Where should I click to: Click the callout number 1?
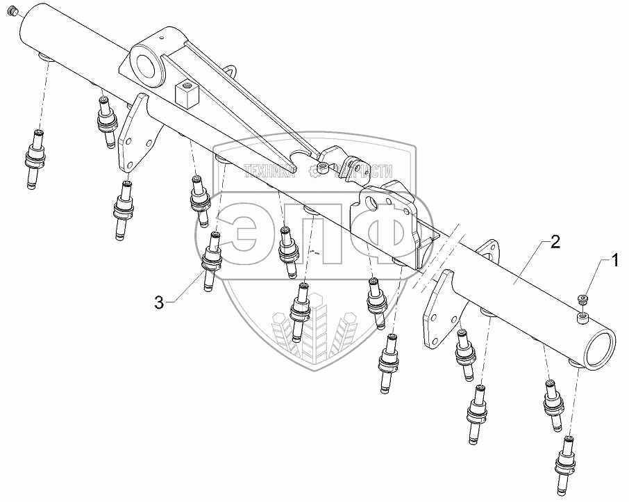(x=614, y=261)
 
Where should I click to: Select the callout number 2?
(x=555, y=243)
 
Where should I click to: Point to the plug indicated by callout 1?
(x=582, y=299)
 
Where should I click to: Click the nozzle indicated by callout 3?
(x=210, y=260)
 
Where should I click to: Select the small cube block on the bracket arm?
(x=187, y=95)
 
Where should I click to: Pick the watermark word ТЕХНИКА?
(x=266, y=170)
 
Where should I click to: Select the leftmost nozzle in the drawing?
(x=34, y=157)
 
